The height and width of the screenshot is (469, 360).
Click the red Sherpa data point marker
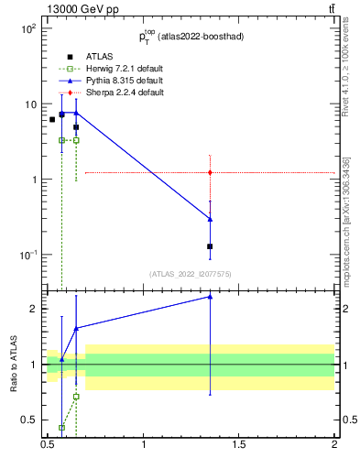point(211,172)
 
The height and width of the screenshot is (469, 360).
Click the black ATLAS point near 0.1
point(211,246)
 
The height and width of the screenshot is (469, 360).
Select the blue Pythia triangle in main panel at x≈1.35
point(211,219)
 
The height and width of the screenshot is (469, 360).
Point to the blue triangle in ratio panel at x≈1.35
point(211,297)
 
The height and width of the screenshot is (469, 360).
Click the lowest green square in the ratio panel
point(61,428)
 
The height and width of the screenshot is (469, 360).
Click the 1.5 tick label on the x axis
point(239,445)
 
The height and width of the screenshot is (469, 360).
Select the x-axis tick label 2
point(333,445)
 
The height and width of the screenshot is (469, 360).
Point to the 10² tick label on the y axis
point(27,28)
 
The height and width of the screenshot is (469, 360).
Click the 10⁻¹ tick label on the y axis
point(27,255)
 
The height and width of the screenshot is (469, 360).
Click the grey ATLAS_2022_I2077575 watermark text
point(191,273)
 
